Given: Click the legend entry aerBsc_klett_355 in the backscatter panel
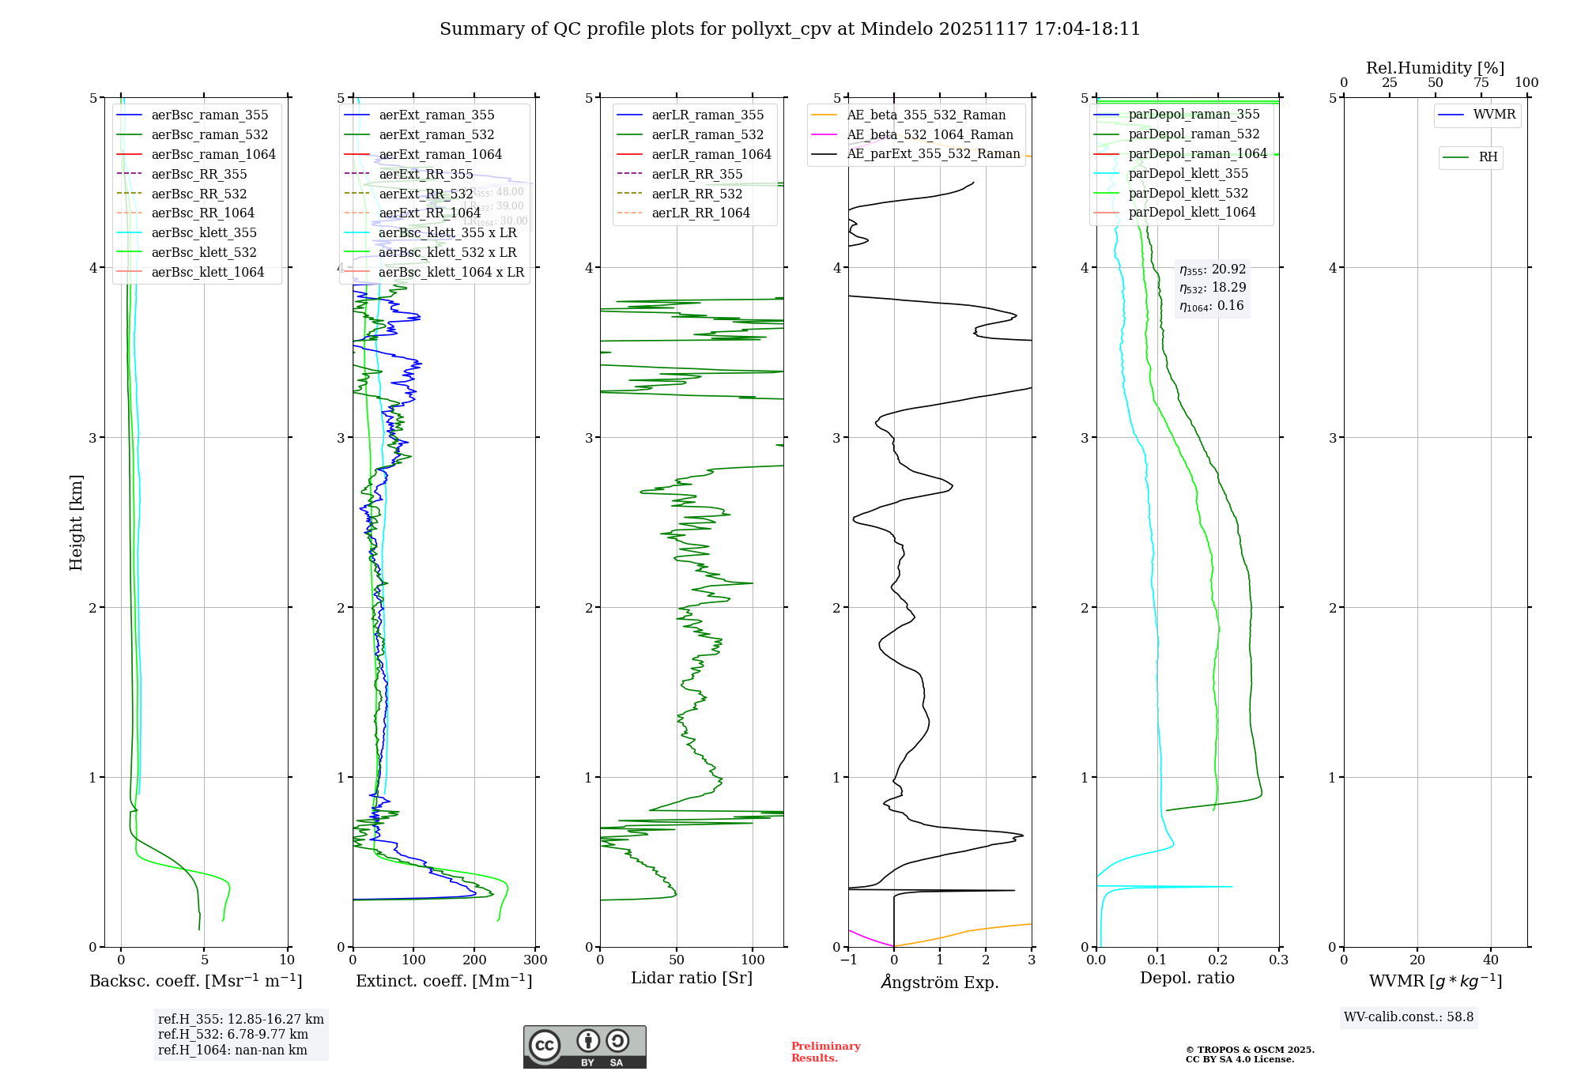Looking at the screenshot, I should tap(204, 233).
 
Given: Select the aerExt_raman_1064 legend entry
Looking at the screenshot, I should tap(440, 155).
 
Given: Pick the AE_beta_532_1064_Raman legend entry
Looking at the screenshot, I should tap(930, 135).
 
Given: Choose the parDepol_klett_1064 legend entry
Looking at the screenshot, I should tap(1192, 213).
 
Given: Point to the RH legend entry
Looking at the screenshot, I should tap(1488, 157).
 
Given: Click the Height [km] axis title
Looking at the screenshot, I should tap(76, 522).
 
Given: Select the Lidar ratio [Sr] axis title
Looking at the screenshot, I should tap(692, 978).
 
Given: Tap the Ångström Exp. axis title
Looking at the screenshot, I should tap(940, 982).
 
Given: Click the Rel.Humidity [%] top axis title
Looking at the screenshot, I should tap(1435, 68).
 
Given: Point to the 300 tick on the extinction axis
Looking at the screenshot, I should tap(536, 960).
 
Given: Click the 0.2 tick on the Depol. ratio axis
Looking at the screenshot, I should tap(1218, 960).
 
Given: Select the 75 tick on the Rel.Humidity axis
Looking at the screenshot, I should tap(1481, 83).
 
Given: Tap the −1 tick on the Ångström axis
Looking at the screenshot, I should tap(848, 960).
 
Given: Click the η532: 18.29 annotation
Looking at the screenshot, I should tap(1213, 288).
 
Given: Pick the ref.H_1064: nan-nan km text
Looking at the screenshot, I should tap(232, 1050).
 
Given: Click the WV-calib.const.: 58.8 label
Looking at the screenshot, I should tap(1409, 1017).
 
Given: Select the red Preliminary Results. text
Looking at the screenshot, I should tap(825, 1052).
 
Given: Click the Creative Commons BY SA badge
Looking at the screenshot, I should tap(584, 1047).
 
